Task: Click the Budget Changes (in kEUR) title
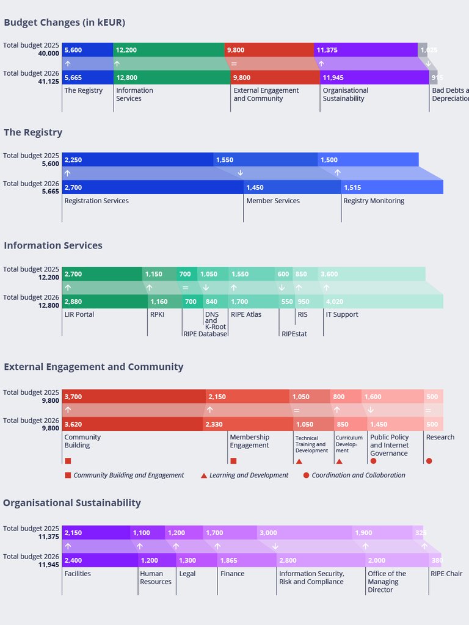click(x=64, y=23)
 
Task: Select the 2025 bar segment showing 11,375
click(x=365, y=50)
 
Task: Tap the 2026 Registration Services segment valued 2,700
click(x=152, y=187)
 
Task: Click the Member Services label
click(x=273, y=201)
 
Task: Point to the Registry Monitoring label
click(x=374, y=201)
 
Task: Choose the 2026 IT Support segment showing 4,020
click(x=383, y=302)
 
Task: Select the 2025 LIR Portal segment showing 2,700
click(x=102, y=274)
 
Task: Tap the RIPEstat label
click(x=294, y=334)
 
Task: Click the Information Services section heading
click(x=53, y=245)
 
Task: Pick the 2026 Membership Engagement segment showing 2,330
click(x=247, y=424)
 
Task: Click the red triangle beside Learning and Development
click(x=204, y=475)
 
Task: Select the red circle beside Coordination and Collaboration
click(x=306, y=475)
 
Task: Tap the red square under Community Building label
click(x=68, y=461)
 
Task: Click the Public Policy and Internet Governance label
click(x=390, y=446)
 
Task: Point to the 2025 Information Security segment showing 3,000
click(x=304, y=533)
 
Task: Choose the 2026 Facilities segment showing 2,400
click(x=100, y=560)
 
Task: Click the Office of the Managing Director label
click(x=387, y=582)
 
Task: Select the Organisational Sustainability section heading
click(x=72, y=503)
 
